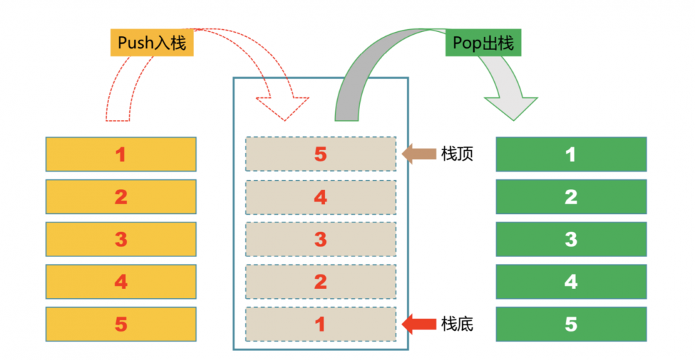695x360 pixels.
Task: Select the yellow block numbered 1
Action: (x=121, y=154)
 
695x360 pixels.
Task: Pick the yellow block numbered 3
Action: (x=121, y=239)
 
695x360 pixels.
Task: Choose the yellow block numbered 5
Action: (x=121, y=324)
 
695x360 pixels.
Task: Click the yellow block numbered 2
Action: (x=121, y=197)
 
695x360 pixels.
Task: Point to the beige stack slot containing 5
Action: (x=320, y=154)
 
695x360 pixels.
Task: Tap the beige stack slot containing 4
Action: (x=320, y=197)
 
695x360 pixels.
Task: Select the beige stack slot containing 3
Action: (x=320, y=240)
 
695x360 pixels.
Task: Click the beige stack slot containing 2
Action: (x=320, y=281)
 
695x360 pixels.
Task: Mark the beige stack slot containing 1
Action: (x=320, y=324)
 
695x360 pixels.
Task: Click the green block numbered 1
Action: (x=571, y=154)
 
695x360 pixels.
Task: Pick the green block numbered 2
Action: (x=571, y=197)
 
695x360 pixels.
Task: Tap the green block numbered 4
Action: (x=571, y=281)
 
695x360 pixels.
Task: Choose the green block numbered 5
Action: (x=571, y=324)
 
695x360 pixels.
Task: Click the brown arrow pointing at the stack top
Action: (x=418, y=154)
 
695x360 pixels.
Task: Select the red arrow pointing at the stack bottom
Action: (x=418, y=323)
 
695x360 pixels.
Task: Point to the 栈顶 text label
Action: (x=457, y=154)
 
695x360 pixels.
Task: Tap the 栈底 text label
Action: (x=457, y=324)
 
